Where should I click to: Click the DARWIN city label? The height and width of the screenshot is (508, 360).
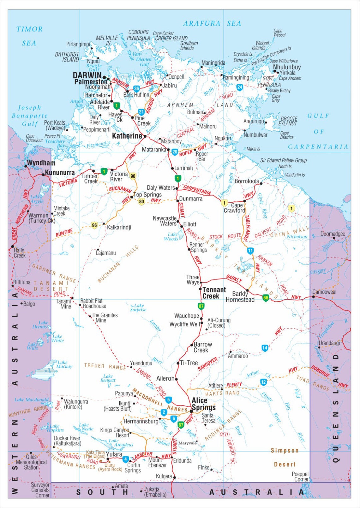[x=87, y=75]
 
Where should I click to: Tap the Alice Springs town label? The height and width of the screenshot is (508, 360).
[x=203, y=404]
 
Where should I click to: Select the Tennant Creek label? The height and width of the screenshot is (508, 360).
[x=214, y=293]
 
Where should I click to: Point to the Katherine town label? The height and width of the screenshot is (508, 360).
[x=127, y=136]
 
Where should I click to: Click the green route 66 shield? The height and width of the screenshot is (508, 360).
[x=266, y=298]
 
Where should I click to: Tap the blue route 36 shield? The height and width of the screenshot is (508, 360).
[x=136, y=89]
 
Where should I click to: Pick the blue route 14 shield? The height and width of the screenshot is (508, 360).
[x=265, y=348]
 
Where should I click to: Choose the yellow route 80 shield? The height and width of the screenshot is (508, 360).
[x=141, y=202]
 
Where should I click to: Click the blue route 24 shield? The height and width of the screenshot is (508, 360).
[x=240, y=87]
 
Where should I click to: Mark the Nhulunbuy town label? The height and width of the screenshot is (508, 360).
[x=287, y=67]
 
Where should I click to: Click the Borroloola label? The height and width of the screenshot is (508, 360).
[x=247, y=181]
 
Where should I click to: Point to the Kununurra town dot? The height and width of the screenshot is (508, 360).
[x=43, y=174]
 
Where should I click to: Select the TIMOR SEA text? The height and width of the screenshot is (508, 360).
[x=29, y=36]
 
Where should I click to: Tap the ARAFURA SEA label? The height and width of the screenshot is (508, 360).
[x=212, y=23]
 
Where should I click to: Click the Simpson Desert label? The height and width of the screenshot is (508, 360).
[x=285, y=457]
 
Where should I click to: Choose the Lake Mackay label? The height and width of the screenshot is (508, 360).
[x=64, y=364]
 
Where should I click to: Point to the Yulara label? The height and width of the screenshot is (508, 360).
[x=114, y=454]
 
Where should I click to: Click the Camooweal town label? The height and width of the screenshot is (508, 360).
[x=324, y=292]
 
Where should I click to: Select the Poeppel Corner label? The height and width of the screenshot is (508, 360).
[x=300, y=476]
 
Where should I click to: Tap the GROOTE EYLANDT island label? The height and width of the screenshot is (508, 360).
[x=289, y=121]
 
